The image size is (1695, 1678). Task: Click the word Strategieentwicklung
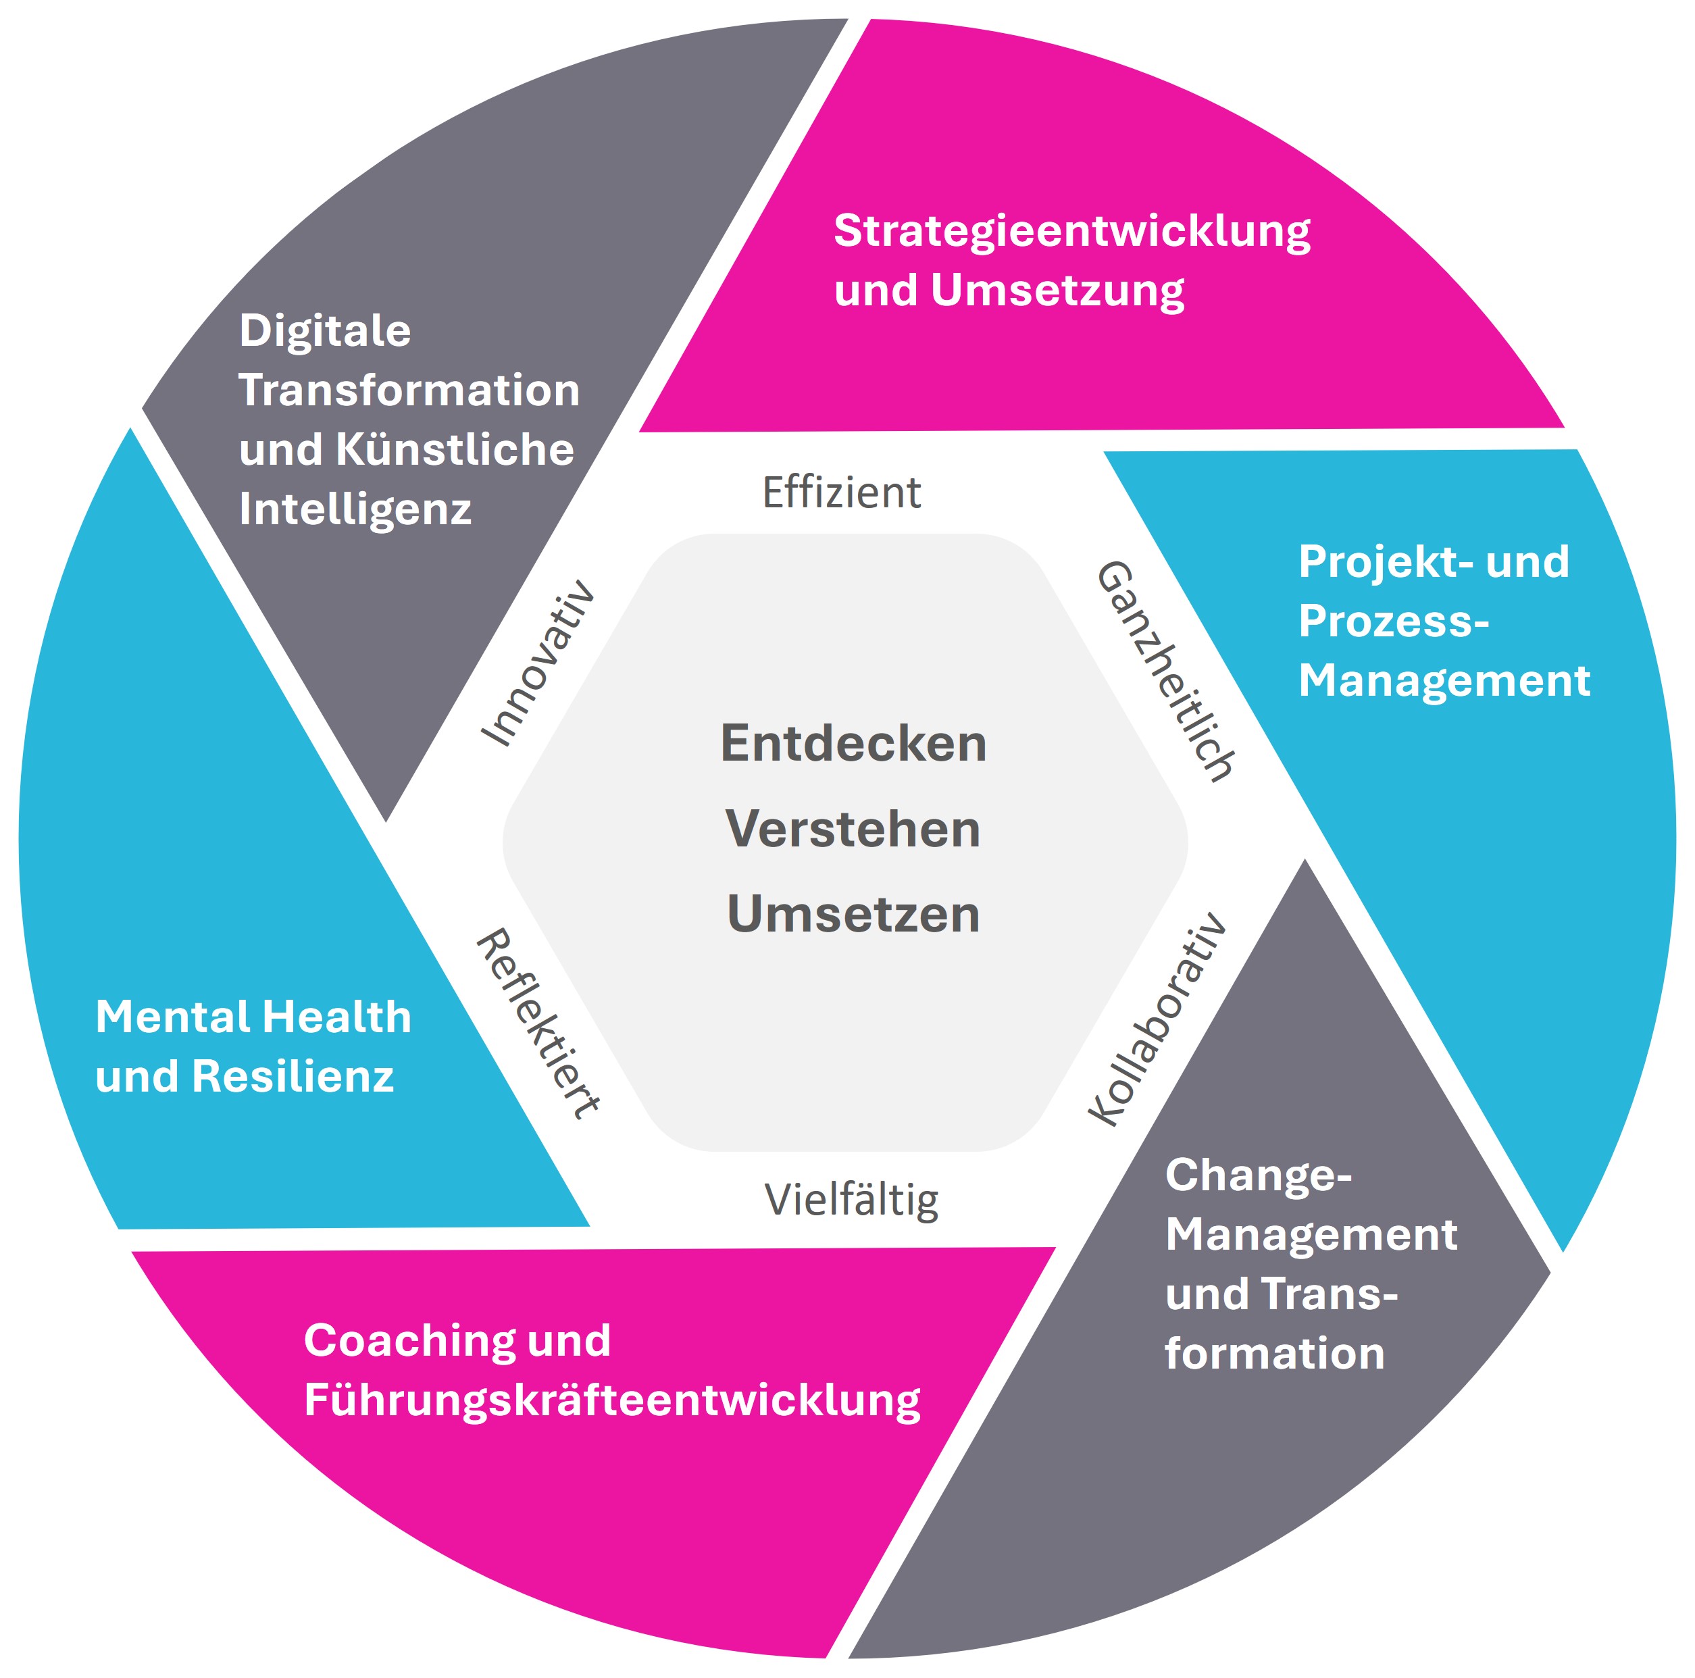pos(1071,232)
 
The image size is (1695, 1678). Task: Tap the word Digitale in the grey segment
pos(325,332)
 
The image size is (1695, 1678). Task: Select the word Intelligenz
pos(355,509)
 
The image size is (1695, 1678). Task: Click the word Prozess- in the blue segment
pos(1393,621)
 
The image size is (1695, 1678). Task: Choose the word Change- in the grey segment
pos(1258,1175)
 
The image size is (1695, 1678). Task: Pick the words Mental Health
pos(253,1017)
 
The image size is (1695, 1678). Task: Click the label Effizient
pos(841,492)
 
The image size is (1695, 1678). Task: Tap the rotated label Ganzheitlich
pos(1166,671)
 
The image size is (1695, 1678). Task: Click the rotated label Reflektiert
pos(538,1023)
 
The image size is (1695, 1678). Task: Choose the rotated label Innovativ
pos(538,664)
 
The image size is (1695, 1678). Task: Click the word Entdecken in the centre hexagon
pos(853,744)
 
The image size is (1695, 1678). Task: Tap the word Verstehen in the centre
pos(853,829)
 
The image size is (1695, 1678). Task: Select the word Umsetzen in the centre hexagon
pos(853,914)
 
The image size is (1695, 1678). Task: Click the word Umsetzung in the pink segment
pos(1057,291)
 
